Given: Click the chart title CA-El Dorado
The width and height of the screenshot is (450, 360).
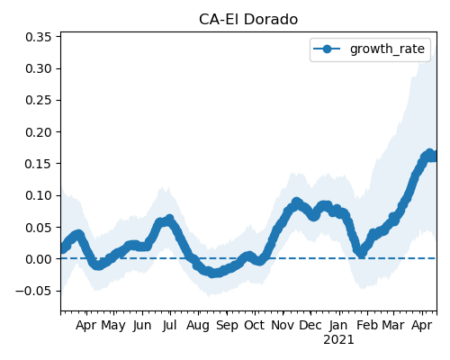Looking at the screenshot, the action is pos(248,20).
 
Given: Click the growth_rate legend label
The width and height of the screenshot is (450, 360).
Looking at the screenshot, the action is pos(387,49).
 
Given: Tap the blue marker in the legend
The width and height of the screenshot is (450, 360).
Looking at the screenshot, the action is pos(327,49).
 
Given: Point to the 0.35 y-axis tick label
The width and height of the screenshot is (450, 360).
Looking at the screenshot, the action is pos(39,37).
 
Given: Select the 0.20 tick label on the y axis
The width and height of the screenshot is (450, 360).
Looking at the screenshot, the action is pos(39,132).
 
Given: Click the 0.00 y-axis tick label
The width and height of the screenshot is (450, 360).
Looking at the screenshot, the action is pos(39,259).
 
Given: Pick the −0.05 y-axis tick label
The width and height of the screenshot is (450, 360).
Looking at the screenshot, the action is pos(33,291).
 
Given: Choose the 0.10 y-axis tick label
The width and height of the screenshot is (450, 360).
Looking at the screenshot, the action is pos(39,195).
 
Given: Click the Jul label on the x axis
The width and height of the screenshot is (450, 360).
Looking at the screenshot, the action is pos(170,325).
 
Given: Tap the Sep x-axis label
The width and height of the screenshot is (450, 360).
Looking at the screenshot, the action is pos(227,326).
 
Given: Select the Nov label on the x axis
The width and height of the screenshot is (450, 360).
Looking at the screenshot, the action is pos(283,325).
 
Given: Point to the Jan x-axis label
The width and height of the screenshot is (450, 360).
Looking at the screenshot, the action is pos(338,325).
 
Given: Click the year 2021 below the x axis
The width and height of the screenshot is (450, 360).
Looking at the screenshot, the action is pos(338,340).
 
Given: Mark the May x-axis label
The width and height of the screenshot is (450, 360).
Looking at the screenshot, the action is pos(113,326).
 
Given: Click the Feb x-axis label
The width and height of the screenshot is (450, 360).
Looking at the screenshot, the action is pos(367,325).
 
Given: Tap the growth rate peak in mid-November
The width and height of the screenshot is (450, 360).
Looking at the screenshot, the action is pos(296,202).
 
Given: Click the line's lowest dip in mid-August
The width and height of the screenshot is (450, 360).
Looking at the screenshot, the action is pos(212,274).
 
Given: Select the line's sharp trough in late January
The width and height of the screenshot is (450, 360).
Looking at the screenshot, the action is pos(362,254).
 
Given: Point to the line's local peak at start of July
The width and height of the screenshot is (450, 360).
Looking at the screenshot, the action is pos(170,219).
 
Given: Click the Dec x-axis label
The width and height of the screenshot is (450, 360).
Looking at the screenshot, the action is pos(310,325).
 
